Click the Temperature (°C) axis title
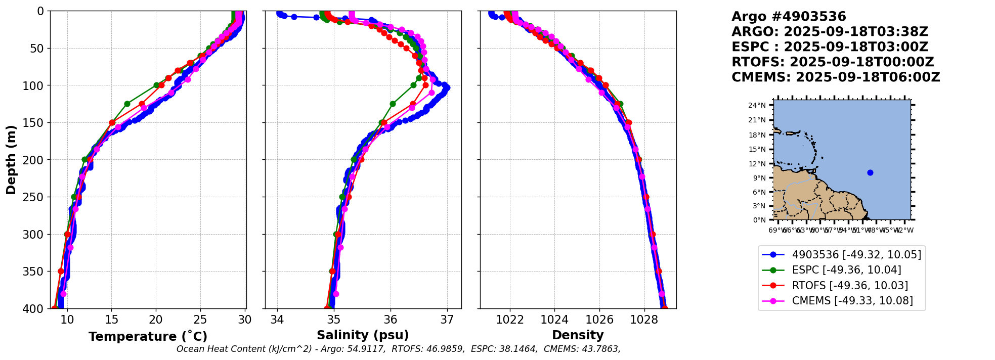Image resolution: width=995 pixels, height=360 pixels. pos(148,337)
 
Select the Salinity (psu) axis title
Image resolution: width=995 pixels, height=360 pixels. pos(363,335)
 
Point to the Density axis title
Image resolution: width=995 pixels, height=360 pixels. pos(578,335)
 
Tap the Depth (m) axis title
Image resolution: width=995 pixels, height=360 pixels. pos(11,160)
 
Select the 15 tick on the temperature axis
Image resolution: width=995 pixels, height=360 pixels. pos(112,320)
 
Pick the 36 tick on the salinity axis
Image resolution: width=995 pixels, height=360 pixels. pos(390,320)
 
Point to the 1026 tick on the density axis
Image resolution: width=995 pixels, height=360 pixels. pos(599,320)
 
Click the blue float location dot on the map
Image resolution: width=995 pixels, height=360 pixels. pos(870,172)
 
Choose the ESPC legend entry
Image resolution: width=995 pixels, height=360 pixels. pos(846,270)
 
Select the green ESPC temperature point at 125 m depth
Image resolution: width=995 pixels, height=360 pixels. pos(127,104)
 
